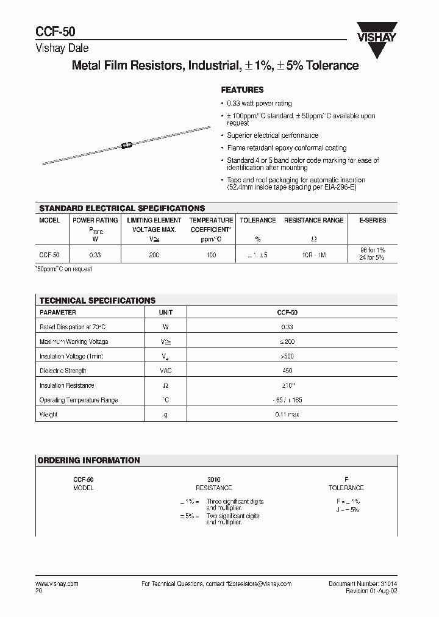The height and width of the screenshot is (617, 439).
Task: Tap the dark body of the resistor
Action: coord(127,145)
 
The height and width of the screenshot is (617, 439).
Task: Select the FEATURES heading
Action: coord(242,90)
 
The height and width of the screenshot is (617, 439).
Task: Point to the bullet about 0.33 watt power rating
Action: coord(259,104)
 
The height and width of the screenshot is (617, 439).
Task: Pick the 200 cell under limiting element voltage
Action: coord(154,255)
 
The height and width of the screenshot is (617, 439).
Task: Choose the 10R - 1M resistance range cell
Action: coord(313,255)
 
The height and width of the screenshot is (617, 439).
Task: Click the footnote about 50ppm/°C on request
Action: coord(64,269)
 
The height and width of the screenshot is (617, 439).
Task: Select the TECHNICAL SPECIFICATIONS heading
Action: coord(98,301)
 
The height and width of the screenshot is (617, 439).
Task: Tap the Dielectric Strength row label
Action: coord(63,371)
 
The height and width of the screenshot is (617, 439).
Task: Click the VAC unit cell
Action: coord(165,371)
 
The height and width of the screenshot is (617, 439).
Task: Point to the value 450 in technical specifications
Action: coord(287,371)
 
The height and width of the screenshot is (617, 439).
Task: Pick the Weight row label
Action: coord(48,415)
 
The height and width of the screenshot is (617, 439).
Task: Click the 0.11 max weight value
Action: coord(287,415)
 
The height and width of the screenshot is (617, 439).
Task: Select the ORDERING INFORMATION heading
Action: coord(89,460)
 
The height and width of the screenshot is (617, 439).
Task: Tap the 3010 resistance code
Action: coord(213,480)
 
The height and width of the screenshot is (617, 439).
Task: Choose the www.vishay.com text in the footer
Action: coord(57,584)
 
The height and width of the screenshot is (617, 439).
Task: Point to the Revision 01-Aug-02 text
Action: coord(371,591)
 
